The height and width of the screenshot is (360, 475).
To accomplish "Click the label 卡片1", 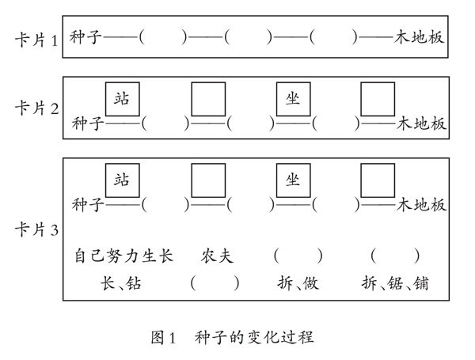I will [x=36, y=39].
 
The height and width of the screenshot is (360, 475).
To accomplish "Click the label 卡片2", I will [x=36, y=109].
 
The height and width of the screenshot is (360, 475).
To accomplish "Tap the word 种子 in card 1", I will [x=85, y=38].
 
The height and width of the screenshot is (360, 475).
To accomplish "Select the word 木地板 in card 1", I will [x=421, y=38].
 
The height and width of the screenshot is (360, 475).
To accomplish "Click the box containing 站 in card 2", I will [x=123, y=98].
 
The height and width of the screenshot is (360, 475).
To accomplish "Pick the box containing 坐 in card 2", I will [x=293, y=98].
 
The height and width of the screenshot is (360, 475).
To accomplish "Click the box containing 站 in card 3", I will [x=123, y=180].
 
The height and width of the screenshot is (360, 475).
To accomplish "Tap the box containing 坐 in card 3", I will [x=293, y=180].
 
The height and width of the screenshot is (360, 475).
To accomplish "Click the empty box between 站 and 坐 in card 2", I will [x=208, y=98].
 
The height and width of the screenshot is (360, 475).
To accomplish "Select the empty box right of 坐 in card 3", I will [x=378, y=180].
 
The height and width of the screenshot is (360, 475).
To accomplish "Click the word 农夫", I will [x=217, y=256].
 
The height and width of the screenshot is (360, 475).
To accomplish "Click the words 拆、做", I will [x=298, y=283].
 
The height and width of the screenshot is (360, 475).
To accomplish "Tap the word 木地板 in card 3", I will [x=421, y=205].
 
